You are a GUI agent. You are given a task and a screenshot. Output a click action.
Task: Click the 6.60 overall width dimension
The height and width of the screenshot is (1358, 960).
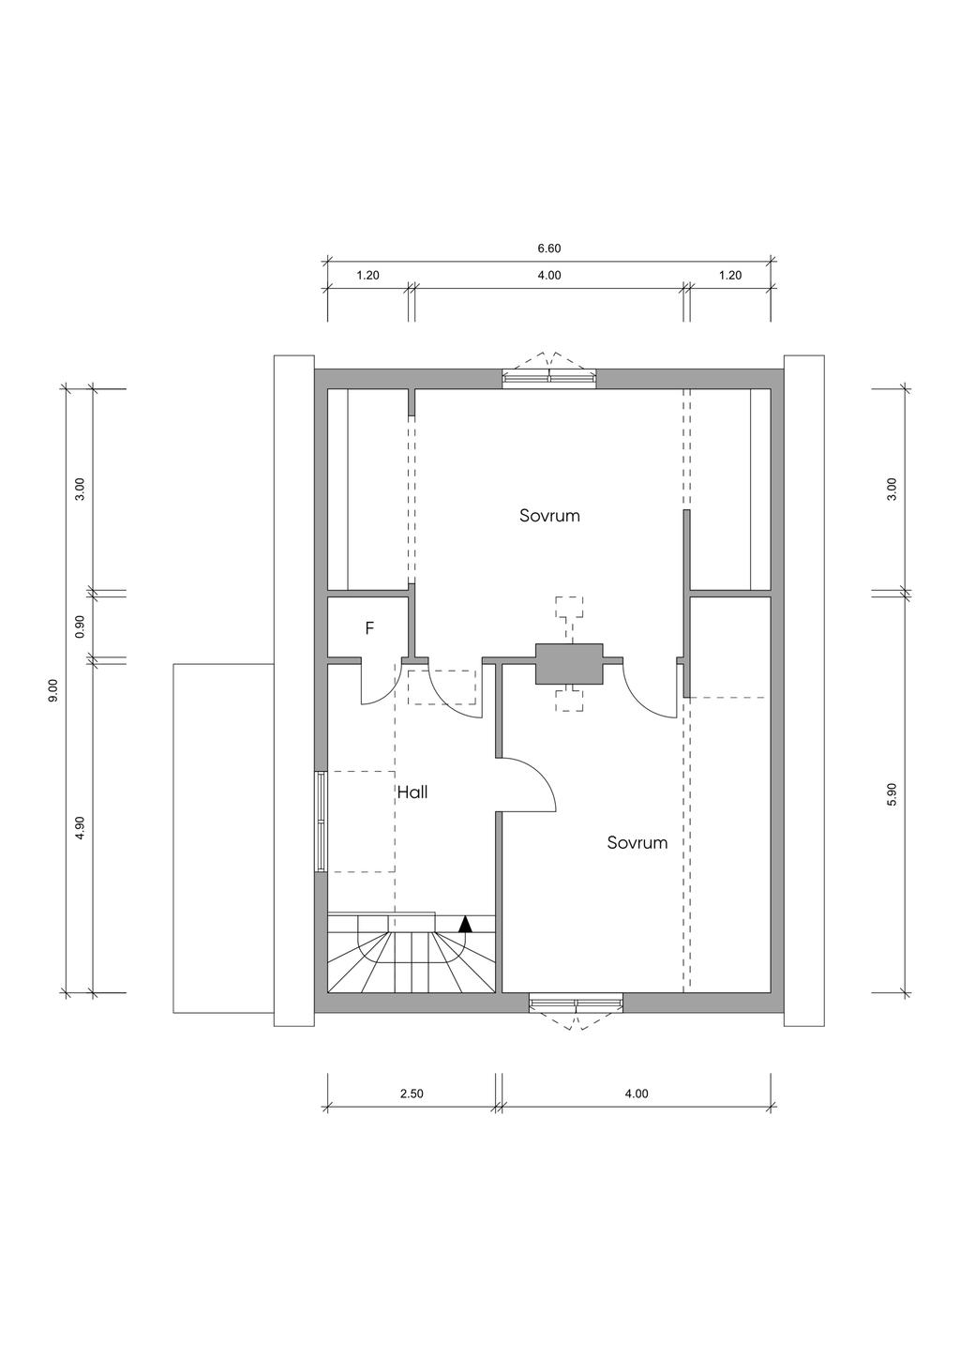[x=549, y=248]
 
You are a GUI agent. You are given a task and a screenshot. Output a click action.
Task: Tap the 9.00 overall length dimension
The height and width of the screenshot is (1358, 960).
[x=53, y=690]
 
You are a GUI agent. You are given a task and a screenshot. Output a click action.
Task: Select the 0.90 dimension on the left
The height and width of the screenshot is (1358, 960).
[x=80, y=626]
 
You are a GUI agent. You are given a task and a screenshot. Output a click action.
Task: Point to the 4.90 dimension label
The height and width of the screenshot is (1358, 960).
[x=80, y=827]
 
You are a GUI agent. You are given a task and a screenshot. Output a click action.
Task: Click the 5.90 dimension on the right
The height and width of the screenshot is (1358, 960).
[x=892, y=793]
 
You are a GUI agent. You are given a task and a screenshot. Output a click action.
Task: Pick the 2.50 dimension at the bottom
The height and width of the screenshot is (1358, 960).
[x=412, y=1110]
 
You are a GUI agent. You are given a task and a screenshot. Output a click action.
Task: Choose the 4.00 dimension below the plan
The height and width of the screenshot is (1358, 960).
[x=637, y=1110]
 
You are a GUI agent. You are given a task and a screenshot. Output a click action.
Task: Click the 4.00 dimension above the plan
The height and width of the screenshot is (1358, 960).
[x=549, y=275]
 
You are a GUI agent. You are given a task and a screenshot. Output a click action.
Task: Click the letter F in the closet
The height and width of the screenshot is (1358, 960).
[x=369, y=628]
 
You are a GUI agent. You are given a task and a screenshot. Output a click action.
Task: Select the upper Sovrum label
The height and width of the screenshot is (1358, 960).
[x=549, y=516]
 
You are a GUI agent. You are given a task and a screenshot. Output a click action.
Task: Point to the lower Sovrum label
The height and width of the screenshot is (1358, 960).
[x=637, y=843]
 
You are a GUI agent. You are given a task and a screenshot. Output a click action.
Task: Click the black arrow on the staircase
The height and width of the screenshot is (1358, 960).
[x=465, y=941]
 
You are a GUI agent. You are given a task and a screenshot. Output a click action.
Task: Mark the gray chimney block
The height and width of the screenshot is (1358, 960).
[x=569, y=664]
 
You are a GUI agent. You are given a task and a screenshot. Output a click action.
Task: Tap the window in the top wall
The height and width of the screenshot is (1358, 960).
[x=549, y=378]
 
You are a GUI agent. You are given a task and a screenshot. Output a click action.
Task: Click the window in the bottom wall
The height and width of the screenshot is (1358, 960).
[x=576, y=1005]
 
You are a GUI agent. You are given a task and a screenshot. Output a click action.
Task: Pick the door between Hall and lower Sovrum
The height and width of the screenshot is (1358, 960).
[x=526, y=784]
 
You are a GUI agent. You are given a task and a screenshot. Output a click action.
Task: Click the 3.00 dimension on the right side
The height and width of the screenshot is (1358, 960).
[x=892, y=490]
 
